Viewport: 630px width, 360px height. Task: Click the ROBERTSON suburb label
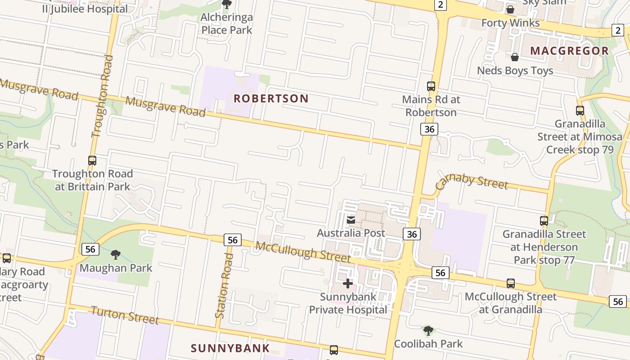(271, 99)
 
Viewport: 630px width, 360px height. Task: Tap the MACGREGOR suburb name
(569, 51)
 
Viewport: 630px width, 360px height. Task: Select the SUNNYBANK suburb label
(230, 348)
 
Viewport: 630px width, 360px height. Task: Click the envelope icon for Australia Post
(351, 220)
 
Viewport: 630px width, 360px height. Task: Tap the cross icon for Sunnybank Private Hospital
(348, 283)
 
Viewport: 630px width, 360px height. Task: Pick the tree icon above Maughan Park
(116, 255)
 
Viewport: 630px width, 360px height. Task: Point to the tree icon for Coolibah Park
(428, 331)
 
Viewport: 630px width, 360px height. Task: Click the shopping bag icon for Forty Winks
(510, 9)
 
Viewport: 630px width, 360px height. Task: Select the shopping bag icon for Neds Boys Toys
(515, 57)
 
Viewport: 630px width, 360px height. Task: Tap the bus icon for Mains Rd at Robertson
(431, 86)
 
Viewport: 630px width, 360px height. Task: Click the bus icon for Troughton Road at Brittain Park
(92, 160)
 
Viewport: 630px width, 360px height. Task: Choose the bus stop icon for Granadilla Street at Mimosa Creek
(580, 110)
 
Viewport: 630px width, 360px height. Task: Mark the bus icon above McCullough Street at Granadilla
(511, 283)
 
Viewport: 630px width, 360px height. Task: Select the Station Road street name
(224, 286)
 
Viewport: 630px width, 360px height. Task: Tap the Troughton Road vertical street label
(102, 96)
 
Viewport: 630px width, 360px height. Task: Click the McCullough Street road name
(303, 252)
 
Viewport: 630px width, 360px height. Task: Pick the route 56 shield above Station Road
(232, 240)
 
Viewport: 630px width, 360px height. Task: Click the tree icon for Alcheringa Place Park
(227, 4)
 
